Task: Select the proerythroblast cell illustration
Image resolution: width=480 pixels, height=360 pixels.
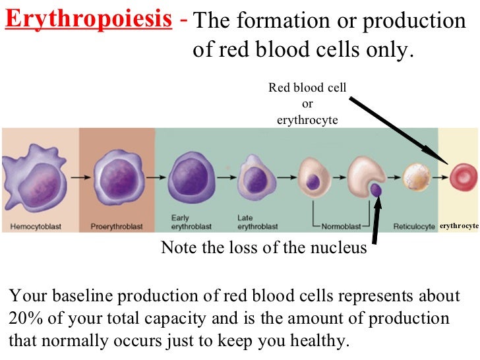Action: pos(118,177)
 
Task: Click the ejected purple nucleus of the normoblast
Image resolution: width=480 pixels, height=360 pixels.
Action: pos(376,190)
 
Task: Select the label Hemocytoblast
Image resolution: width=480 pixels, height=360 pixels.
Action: pos(36,227)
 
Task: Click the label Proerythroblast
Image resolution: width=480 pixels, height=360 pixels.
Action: pos(116,227)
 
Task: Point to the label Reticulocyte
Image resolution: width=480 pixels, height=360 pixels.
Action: pos(414,227)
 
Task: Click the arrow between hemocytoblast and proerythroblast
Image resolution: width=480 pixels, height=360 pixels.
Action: pos(80,177)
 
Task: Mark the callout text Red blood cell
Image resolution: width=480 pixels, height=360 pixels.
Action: pos(307,88)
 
